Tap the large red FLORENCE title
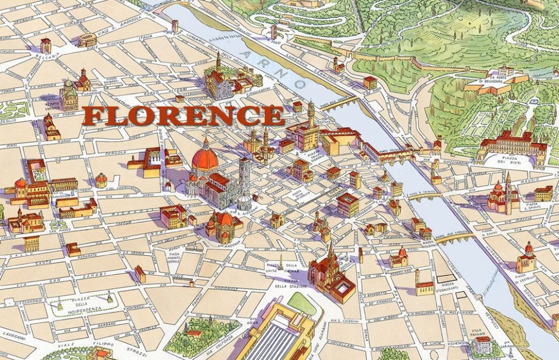(183, 115)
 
